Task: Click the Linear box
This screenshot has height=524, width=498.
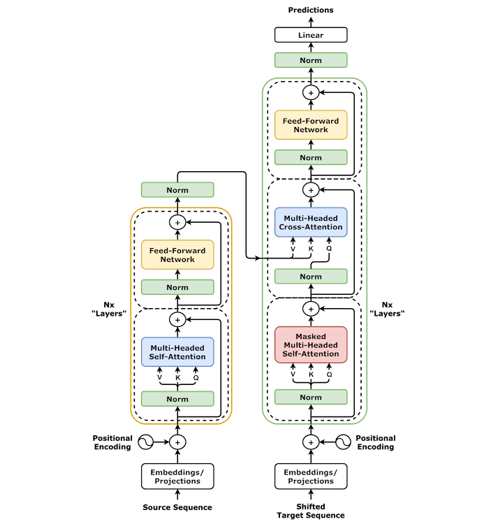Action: [x=311, y=35]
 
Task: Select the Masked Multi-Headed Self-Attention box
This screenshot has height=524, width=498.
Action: [x=311, y=345]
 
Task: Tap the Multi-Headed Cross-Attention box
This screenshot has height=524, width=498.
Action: [x=311, y=222]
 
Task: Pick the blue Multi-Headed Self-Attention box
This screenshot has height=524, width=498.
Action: [x=177, y=352]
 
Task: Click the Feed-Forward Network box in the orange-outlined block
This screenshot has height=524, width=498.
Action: [x=177, y=255]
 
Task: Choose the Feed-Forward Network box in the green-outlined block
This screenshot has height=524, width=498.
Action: [x=311, y=125]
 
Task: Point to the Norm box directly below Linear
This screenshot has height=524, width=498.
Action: [x=311, y=60]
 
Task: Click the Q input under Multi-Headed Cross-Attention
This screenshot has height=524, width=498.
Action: [x=329, y=249]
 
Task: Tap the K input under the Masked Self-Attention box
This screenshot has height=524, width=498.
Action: [x=311, y=375]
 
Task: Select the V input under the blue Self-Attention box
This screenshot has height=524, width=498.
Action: [x=159, y=378]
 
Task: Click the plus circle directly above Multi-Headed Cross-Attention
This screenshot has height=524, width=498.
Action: [x=311, y=190]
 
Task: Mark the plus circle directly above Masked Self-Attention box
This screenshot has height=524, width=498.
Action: [x=311, y=309]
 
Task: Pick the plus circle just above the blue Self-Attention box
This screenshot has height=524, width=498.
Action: [x=177, y=319]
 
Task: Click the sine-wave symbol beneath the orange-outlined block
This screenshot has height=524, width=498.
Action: [x=146, y=442]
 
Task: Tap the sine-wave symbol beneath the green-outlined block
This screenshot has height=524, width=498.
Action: [x=343, y=442]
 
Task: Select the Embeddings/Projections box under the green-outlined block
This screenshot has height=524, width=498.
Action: [x=311, y=476]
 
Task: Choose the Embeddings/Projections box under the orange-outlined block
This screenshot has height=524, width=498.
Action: [x=177, y=476]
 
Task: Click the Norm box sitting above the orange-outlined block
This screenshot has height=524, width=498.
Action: [x=177, y=190]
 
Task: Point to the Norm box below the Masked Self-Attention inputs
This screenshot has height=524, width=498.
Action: [x=311, y=398]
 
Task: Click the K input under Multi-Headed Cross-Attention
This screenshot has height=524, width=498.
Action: [x=311, y=249]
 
